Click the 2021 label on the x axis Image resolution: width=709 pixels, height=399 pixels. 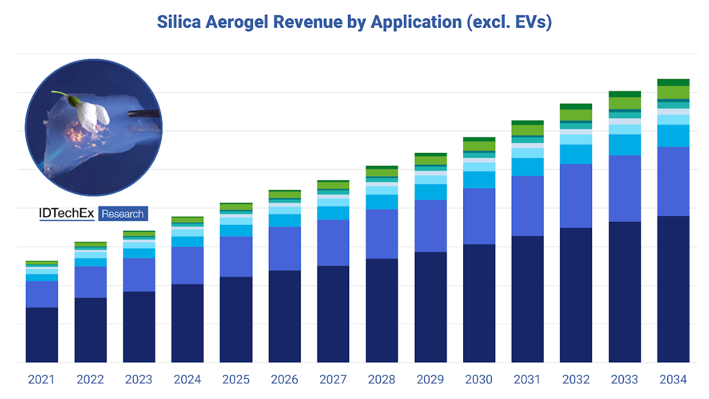41,380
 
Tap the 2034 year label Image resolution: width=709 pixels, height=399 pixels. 673,380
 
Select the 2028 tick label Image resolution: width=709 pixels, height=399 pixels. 382,380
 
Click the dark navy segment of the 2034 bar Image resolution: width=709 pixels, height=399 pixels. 673,289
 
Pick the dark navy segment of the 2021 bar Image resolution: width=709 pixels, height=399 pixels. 41,335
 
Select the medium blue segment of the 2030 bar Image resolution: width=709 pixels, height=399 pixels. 479,216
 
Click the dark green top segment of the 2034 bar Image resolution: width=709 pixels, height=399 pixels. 673,82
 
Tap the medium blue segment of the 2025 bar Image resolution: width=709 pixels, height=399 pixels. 236,257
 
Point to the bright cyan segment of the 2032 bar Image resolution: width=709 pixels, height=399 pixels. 576,154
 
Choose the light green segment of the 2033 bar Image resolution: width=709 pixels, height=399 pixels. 625,103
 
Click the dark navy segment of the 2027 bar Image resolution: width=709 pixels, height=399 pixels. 333,314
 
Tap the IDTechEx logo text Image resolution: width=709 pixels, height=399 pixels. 67,214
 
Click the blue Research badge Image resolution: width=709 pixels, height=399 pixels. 123,214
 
